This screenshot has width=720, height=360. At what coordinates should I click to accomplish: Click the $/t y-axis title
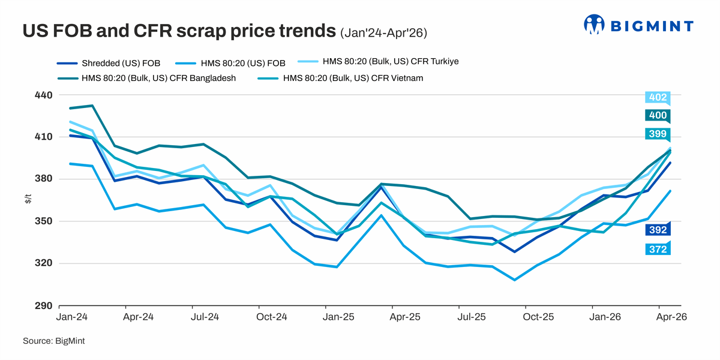coord(28,200)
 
